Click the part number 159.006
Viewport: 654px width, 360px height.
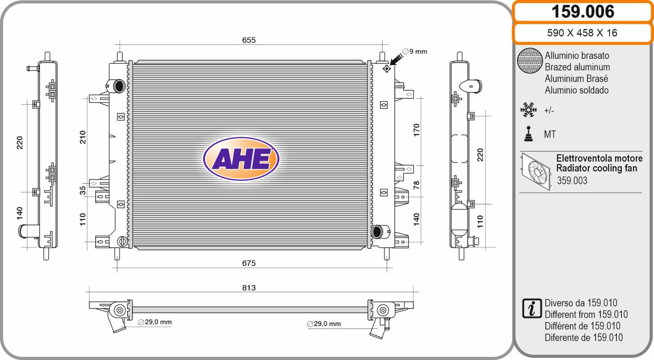point(583,12)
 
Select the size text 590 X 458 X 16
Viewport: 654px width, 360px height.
point(582,33)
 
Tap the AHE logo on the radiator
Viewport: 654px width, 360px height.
point(241,159)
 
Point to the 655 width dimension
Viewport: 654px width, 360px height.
point(249,40)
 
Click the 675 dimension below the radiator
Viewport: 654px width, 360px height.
point(249,263)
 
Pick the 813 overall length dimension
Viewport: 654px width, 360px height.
point(249,288)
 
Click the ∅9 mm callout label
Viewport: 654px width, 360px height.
point(414,51)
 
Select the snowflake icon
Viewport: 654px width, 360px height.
point(529,110)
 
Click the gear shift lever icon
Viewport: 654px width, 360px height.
point(529,134)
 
